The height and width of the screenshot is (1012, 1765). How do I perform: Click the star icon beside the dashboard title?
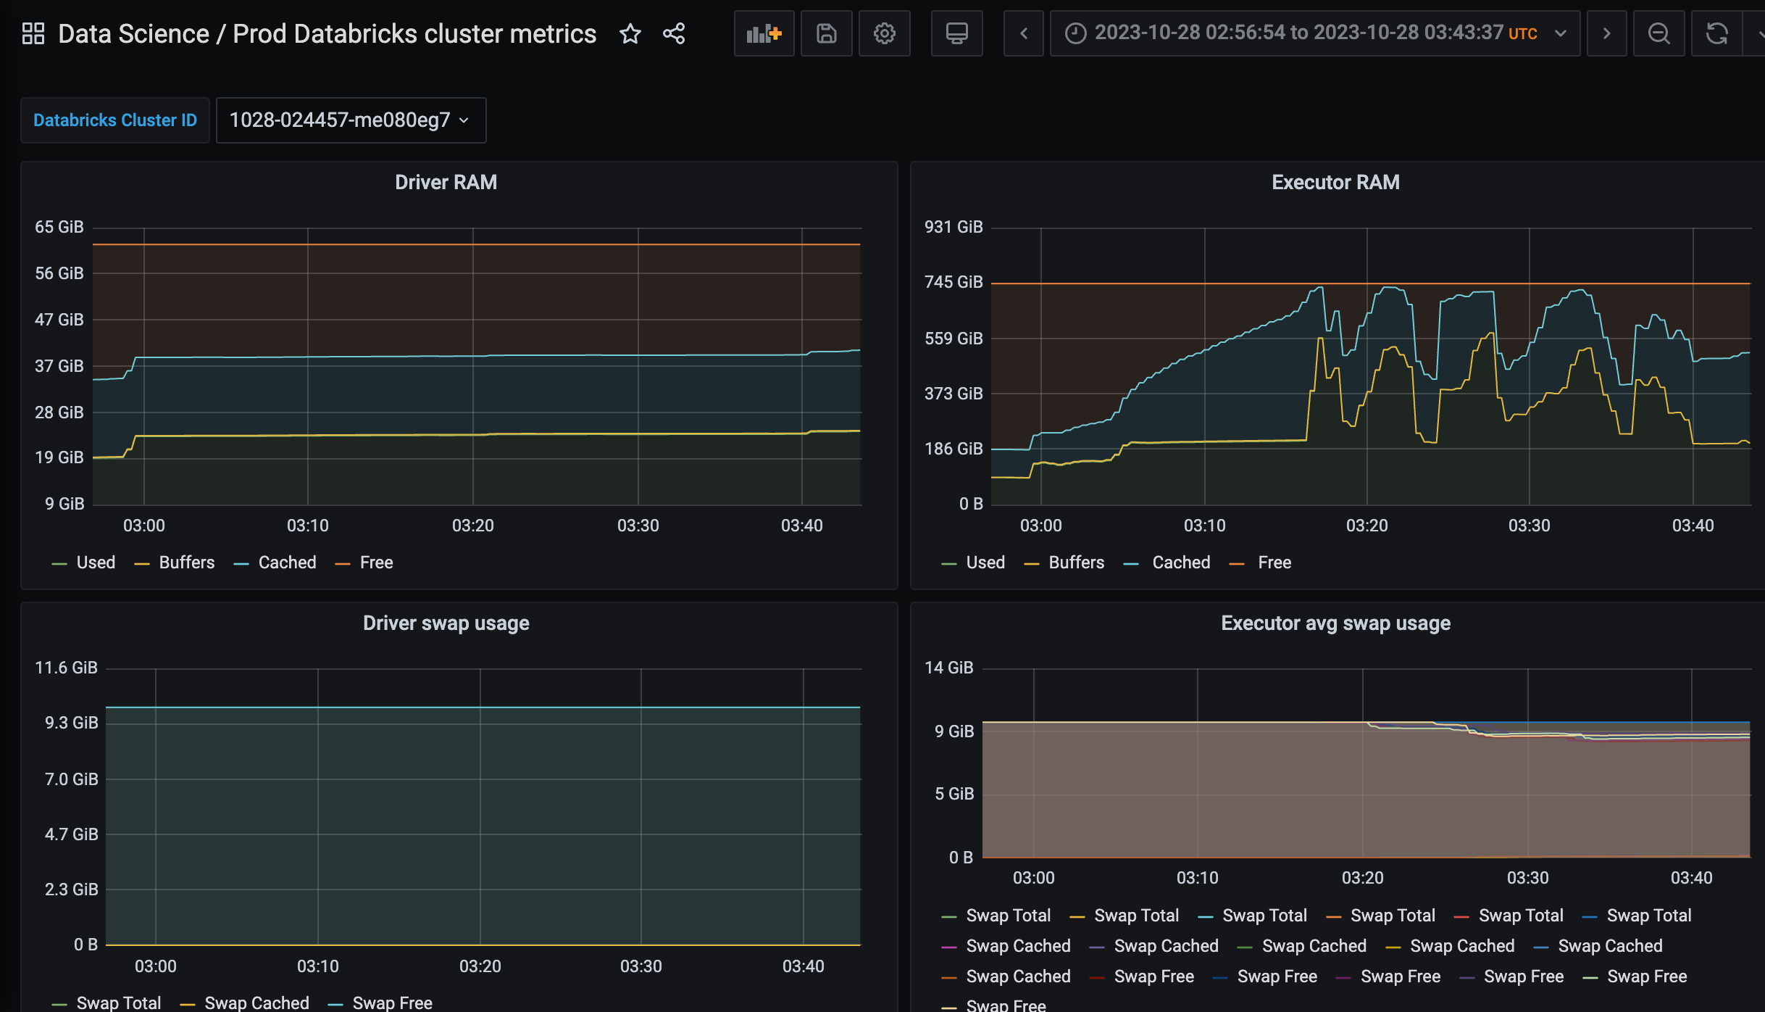point(630,34)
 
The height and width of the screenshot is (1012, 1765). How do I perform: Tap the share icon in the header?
point(674,34)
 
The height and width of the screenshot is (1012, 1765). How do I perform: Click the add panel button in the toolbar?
point(764,34)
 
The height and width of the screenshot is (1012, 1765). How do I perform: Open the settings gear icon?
point(884,34)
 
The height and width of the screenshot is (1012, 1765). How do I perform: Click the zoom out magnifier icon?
point(1658,34)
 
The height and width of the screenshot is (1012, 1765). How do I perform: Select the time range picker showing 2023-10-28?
point(1314,34)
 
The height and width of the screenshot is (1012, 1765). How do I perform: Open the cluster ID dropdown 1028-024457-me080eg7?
point(351,120)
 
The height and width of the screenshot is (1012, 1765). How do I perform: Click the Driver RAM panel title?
point(446,183)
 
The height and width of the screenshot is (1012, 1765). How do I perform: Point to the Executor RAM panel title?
point(1335,183)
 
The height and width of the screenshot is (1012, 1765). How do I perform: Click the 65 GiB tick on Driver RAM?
point(59,228)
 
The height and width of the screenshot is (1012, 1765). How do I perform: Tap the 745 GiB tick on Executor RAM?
point(954,283)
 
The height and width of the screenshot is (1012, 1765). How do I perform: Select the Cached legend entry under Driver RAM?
point(287,563)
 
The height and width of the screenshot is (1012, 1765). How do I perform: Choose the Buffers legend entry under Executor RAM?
point(1076,563)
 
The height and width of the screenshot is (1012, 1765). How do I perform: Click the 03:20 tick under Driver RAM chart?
point(472,526)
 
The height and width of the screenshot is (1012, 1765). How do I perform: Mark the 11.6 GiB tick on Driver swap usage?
point(66,668)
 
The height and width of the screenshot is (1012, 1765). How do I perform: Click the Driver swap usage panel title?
point(446,623)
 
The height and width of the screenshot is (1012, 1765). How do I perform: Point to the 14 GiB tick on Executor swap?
point(948,668)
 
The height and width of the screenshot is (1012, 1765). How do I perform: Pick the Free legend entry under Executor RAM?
point(1274,563)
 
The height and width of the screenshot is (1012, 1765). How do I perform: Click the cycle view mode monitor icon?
point(956,34)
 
